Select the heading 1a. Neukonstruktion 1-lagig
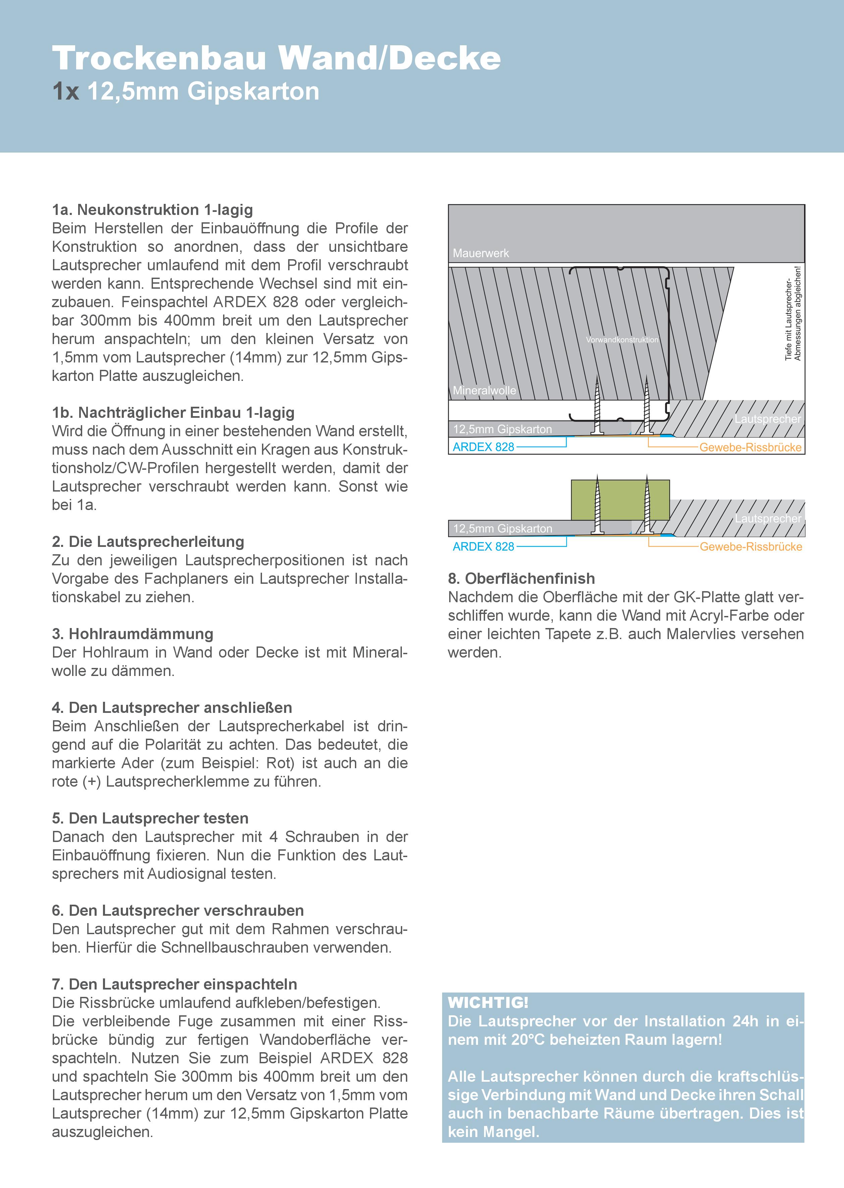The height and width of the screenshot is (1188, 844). (x=152, y=210)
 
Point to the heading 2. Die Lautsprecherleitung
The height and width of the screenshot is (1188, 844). (x=148, y=542)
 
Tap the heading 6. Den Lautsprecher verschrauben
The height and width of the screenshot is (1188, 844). (x=178, y=911)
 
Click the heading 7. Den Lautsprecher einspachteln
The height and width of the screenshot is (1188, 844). (x=175, y=984)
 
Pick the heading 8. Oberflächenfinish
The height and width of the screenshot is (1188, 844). (x=521, y=579)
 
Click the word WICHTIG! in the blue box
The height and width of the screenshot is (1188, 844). (x=488, y=1003)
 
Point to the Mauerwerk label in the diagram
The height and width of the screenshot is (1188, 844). (x=481, y=253)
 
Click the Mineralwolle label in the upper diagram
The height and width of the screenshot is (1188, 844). (x=484, y=391)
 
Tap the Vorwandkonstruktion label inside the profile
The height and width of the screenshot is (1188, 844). (x=622, y=340)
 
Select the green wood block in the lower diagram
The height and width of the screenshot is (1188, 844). (x=620, y=500)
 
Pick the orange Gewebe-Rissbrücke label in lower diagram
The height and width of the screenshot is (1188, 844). (x=750, y=547)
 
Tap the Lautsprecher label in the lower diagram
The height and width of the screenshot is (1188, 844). (x=768, y=518)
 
